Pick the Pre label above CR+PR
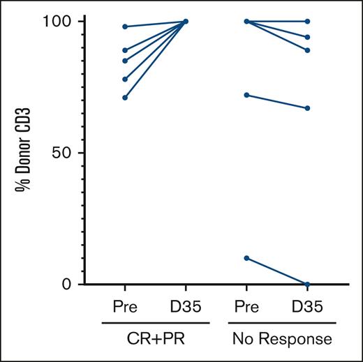pyautogui.click(x=124, y=308)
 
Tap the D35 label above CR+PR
pyautogui.click(x=186, y=308)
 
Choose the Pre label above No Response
pyautogui.click(x=246, y=308)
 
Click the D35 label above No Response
pyautogui.click(x=308, y=308)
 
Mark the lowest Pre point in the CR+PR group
pyautogui.click(x=124, y=98)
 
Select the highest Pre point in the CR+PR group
pyautogui.click(x=124, y=27)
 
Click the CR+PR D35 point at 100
pyautogui.click(x=186, y=22)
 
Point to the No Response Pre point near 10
pyautogui.click(x=246, y=258)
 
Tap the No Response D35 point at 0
pyautogui.click(x=308, y=284)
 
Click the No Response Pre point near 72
pyautogui.click(x=246, y=95)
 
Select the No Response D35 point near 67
pyautogui.click(x=308, y=108)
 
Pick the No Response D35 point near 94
pyautogui.click(x=308, y=37)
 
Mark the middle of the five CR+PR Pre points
pyautogui.click(x=124, y=61)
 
